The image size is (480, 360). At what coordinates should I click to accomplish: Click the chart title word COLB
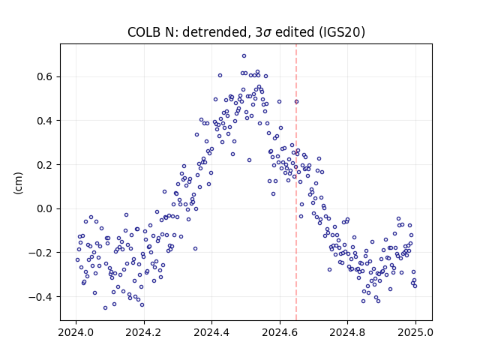tap(144, 32)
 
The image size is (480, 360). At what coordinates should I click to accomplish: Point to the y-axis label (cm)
tap(18, 183)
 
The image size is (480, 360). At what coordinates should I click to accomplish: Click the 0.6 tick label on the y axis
tap(44, 76)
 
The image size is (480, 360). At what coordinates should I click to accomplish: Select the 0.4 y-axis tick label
tap(44, 121)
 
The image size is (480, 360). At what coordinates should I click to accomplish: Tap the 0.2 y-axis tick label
tap(44, 165)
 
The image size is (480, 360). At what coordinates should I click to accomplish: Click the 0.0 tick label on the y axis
tap(44, 208)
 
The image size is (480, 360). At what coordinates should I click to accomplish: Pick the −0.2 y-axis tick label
tap(40, 253)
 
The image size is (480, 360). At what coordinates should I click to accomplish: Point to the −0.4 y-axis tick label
tap(40, 297)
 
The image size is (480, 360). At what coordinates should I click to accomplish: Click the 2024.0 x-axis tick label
tap(76, 332)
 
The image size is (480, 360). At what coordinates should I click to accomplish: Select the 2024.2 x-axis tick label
tap(143, 332)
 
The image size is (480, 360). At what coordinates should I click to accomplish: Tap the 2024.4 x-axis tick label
tap(211, 332)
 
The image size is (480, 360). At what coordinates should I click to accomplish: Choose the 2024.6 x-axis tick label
tap(280, 332)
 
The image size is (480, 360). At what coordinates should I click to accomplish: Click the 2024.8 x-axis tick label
tap(347, 332)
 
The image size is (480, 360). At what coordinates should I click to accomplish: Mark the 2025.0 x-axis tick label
tap(415, 332)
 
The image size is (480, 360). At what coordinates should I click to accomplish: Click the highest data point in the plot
tap(244, 56)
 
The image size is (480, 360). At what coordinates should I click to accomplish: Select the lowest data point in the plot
tap(105, 308)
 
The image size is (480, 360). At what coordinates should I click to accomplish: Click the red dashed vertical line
tap(296, 182)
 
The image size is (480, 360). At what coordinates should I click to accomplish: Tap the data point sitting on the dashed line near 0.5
tap(296, 102)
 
